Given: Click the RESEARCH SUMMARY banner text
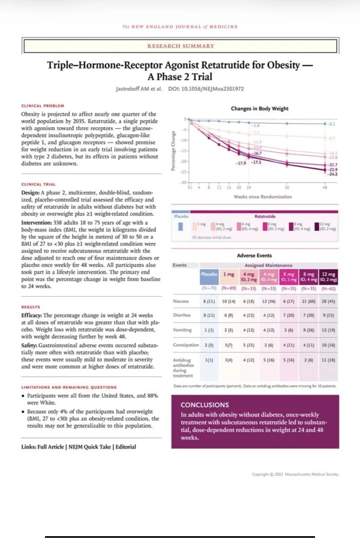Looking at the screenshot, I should (x=181, y=46).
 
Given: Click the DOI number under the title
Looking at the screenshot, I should (x=206, y=89).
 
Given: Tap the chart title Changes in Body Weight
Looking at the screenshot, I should (x=259, y=109).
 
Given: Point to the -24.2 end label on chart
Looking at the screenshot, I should (x=332, y=174).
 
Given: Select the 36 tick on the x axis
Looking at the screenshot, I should (x=287, y=187).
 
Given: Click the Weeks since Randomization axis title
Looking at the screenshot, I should (x=262, y=197).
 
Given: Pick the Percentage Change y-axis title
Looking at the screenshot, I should (x=173, y=151).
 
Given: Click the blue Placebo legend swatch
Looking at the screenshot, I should (x=180, y=226).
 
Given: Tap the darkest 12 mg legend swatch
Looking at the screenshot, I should (x=317, y=226).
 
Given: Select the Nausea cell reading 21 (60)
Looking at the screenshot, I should (x=308, y=302).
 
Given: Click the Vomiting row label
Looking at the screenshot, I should (x=182, y=330).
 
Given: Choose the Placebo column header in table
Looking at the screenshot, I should (x=209, y=274).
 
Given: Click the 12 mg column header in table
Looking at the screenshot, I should (x=328, y=276).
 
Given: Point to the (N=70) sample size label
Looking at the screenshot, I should (x=209, y=288).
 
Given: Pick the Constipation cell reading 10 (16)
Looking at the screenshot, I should (x=328, y=345).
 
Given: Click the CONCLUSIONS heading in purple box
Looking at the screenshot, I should (x=205, y=405).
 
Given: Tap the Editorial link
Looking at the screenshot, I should (x=126, y=447).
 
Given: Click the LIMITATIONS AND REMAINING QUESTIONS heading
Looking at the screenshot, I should (x=69, y=387).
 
